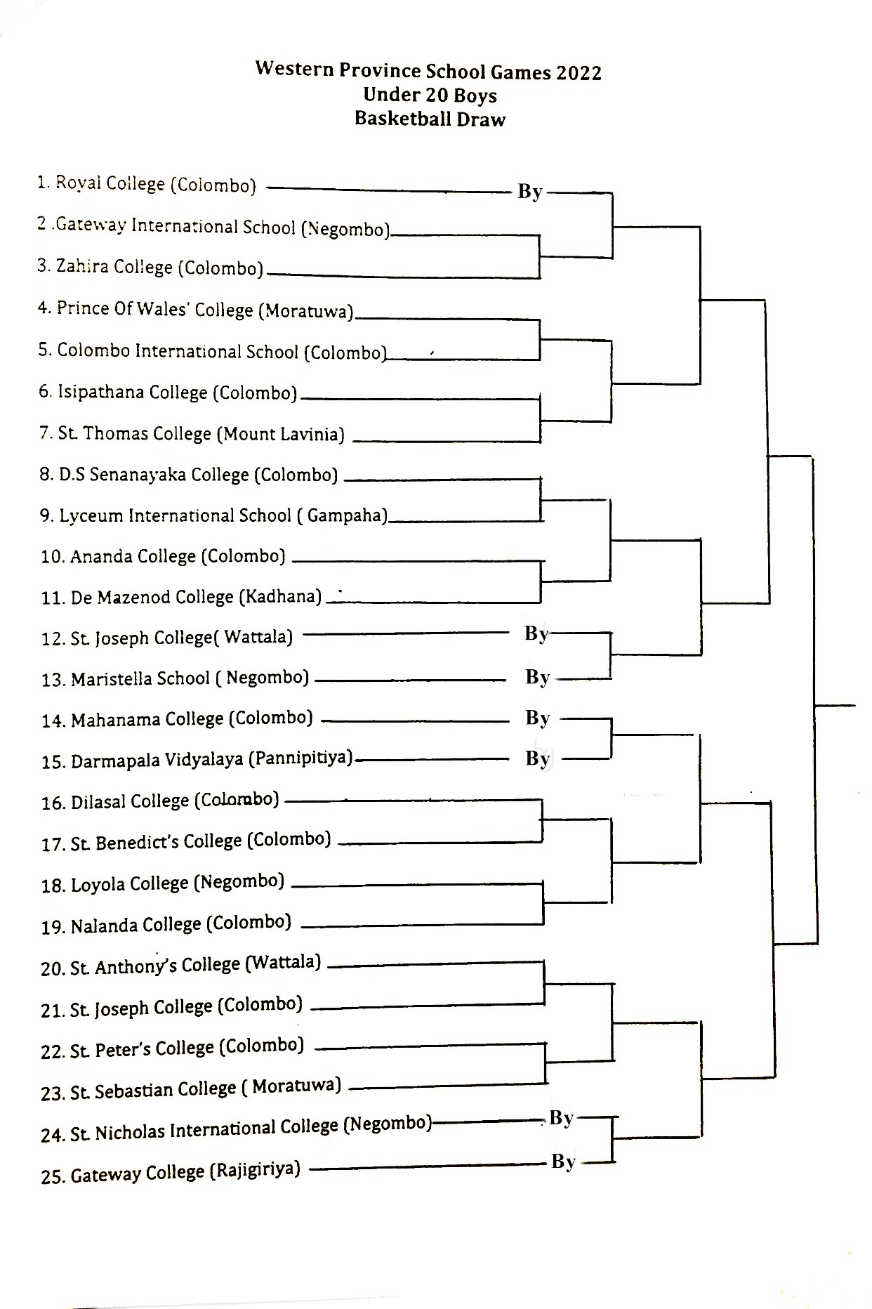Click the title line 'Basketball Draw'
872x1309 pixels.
pos(430,119)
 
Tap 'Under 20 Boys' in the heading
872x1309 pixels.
pos(430,95)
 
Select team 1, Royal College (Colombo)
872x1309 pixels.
pos(147,184)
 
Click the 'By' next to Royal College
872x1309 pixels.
pos(530,191)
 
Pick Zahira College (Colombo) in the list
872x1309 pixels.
pos(150,268)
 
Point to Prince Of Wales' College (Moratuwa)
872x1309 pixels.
pos(196,310)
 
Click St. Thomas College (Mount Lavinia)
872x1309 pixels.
pos(192,433)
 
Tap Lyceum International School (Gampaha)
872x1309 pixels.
pos(213,515)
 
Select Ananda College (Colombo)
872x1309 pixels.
pos(164,556)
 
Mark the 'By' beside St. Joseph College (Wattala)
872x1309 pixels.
pos(536,633)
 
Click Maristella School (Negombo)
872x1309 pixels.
pos(176,678)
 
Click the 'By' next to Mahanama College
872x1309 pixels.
pos(538,718)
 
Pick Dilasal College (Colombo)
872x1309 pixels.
pos(160,801)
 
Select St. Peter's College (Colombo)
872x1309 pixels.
pos(173,1048)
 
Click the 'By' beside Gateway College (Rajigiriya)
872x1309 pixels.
pos(564,1162)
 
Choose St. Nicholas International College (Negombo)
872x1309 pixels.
pos(236,1129)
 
